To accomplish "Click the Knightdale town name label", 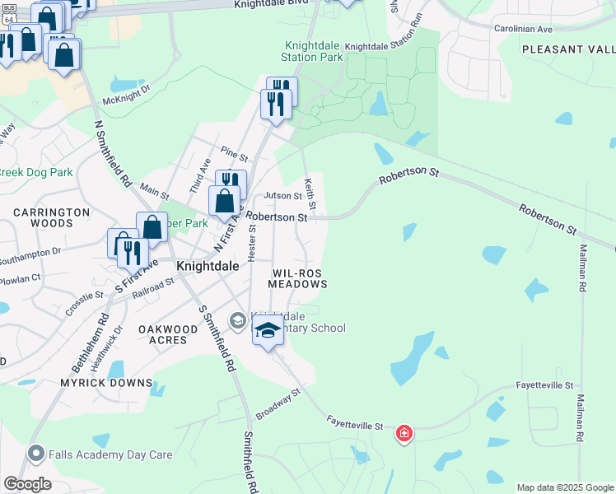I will (208, 267).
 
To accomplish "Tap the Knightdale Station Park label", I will (312, 52).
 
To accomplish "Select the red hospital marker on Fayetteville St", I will (404, 432).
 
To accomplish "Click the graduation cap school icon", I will (268, 331).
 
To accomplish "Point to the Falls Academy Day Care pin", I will (35, 454).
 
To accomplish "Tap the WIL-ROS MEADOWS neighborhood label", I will (298, 277).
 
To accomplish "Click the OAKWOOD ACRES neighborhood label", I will (168, 336).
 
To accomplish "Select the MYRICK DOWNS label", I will (106, 383).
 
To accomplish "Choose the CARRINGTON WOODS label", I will (51, 217).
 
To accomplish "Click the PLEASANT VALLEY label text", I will (568, 49).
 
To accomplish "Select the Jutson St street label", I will (282, 196).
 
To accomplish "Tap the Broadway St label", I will (278, 404).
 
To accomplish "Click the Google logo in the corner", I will (26, 484).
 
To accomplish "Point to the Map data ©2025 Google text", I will (564, 487).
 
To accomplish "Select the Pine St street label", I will (234, 154).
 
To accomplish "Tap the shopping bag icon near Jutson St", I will (224, 200).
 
